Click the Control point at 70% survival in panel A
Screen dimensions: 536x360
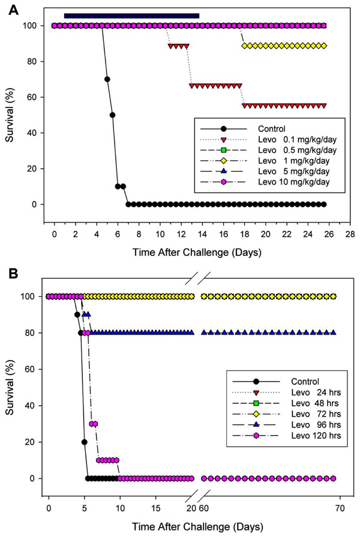(107, 79)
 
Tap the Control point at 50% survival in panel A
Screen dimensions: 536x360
(112, 115)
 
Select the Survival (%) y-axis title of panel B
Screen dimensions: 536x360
(11, 387)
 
